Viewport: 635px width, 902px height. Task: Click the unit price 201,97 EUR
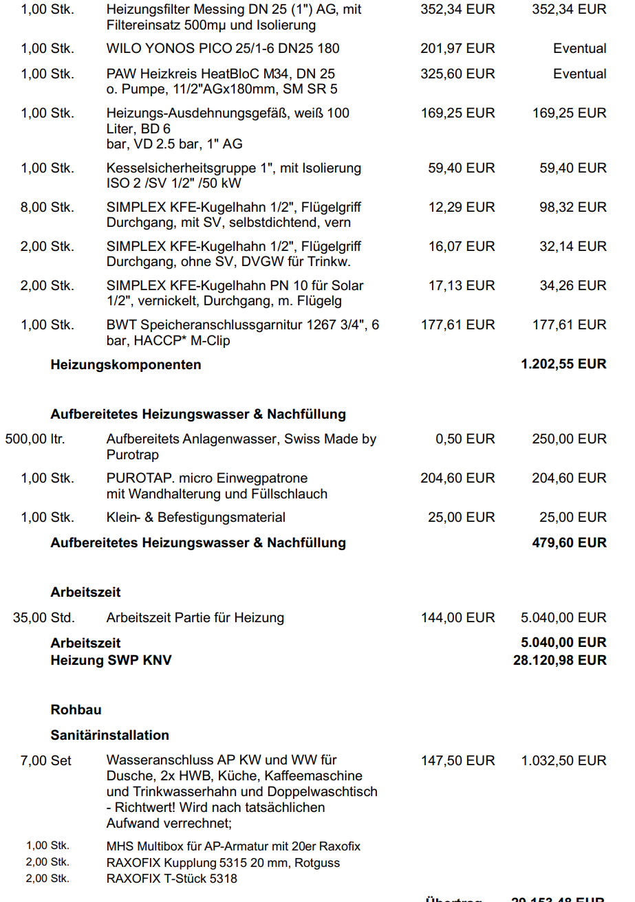pyautogui.click(x=458, y=49)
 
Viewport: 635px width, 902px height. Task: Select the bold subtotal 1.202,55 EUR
pyautogui.click(x=563, y=364)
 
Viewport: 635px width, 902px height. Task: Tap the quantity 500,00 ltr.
pyautogui.click(x=35, y=439)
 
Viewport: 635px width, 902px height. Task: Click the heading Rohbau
pyautogui.click(x=76, y=709)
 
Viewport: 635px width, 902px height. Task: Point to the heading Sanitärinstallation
pyautogui.click(x=109, y=735)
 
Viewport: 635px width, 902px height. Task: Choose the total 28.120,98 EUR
pyautogui.click(x=559, y=661)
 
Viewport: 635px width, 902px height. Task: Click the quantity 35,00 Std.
pyautogui.click(x=44, y=618)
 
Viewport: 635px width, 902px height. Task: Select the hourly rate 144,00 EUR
pyautogui.click(x=458, y=618)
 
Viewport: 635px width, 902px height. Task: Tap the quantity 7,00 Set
pyautogui.click(x=46, y=760)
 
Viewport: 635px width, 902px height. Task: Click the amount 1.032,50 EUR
pyautogui.click(x=563, y=760)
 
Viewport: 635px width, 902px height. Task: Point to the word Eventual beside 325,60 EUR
pyautogui.click(x=579, y=74)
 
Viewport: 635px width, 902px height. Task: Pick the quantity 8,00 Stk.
pyautogui.click(x=47, y=207)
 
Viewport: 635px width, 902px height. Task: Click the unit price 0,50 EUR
pyautogui.click(x=465, y=439)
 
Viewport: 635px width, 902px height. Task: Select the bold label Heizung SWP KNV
pyautogui.click(x=111, y=661)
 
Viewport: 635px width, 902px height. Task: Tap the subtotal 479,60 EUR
pyautogui.click(x=569, y=542)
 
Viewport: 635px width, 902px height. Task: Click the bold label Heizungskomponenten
pyautogui.click(x=126, y=364)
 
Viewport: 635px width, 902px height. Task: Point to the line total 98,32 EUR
pyautogui.click(x=572, y=207)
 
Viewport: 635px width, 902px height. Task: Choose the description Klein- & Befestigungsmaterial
pyautogui.click(x=195, y=517)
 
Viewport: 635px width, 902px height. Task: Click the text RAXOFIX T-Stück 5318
pyautogui.click(x=171, y=878)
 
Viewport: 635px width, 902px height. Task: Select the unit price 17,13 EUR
pyautogui.click(x=461, y=285)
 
